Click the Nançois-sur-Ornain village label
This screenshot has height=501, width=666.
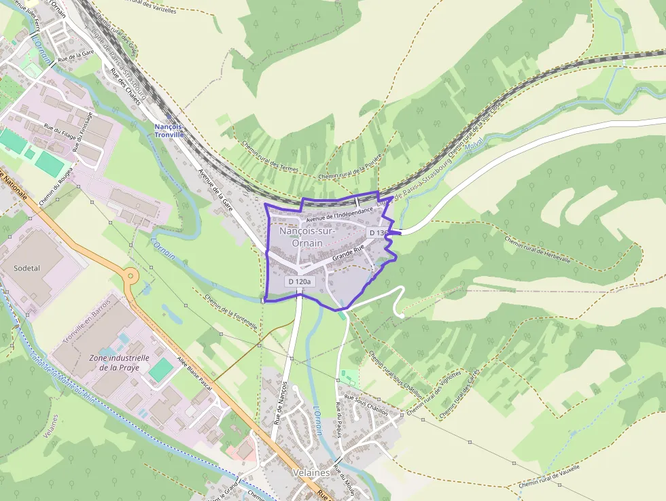(306, 237)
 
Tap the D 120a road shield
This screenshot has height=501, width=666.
(299, 281)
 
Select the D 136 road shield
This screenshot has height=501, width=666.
(377, 232)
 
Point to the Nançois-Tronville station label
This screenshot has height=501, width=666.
(169, 131)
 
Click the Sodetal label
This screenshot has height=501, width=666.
(27, 268)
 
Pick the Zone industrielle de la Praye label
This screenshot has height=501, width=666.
(119, 363)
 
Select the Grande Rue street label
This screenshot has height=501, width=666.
(349, 254)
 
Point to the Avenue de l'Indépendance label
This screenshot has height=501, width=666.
(339, 214)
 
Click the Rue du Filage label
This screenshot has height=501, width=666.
(58, 130)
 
